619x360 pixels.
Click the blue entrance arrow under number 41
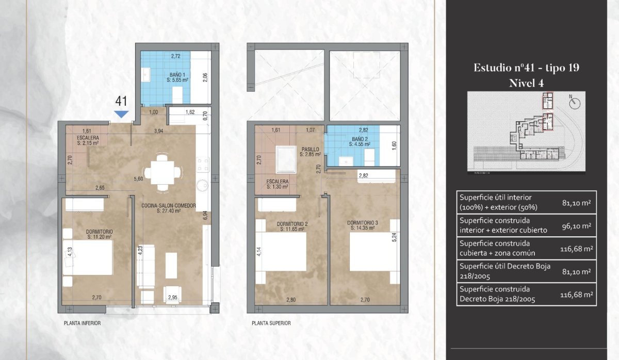(121, 114)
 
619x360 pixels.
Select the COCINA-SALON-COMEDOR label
(169, 208)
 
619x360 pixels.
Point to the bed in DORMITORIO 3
(370, 252)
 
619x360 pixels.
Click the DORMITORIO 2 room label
(292, 226)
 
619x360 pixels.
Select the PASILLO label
(311, 152)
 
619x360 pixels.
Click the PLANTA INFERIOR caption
(83, 323)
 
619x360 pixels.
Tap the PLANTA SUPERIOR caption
(271, 323)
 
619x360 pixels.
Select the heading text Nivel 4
(527, 83)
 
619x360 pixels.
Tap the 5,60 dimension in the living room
(138, 179)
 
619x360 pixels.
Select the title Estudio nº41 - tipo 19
(527, 68)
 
